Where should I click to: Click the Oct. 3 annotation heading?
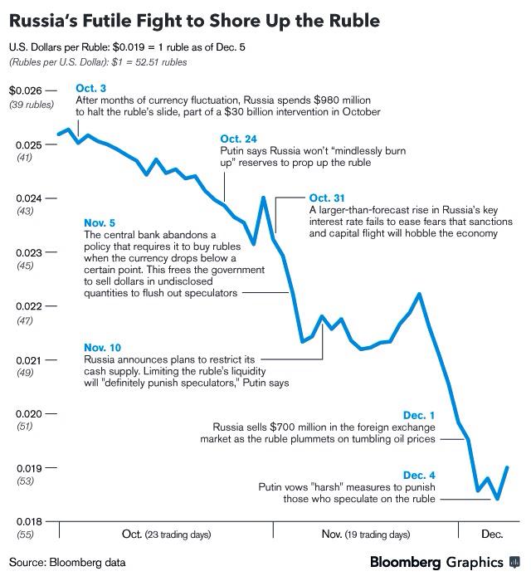[x=90, y=88]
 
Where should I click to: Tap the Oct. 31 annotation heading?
[x=325, y=198]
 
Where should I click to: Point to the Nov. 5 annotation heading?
[x=100, y=223]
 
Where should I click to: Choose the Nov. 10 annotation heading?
[x=102, y=348]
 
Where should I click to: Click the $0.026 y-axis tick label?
[x=25, y=90]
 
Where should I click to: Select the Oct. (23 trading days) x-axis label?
[x=166, y=534]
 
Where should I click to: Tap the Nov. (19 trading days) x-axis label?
[x=365, y=534]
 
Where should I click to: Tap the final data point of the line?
[x=507, y=467]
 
